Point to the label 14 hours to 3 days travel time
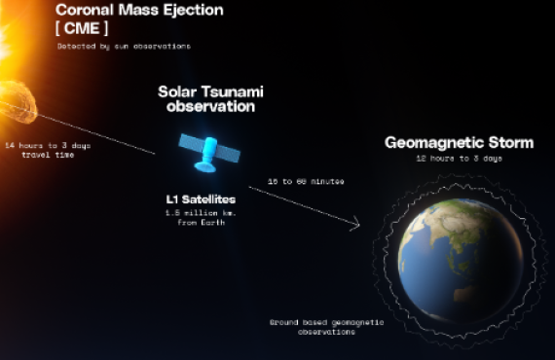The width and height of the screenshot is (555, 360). [x=48, y=149]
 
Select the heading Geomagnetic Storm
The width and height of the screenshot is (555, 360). [x=459, y=143]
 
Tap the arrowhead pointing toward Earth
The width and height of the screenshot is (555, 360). [x=355, y=226]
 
